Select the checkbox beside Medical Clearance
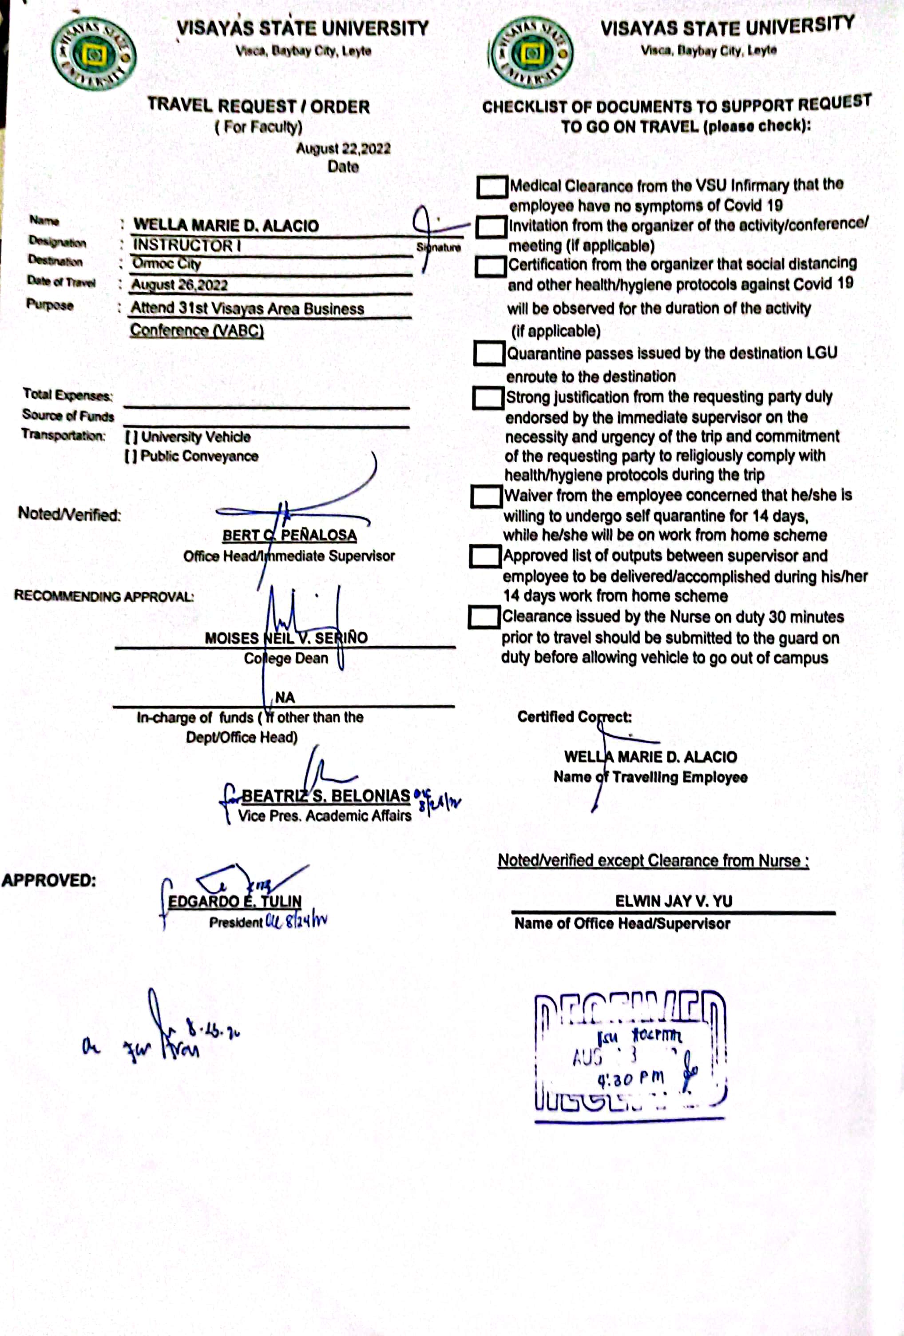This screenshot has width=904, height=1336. (x=492, y=187)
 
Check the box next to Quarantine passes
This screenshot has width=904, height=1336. (x=489, y=354)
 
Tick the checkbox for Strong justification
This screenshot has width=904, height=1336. (x=488, y=398)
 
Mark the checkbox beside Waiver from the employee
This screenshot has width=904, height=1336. (x=486, y=496)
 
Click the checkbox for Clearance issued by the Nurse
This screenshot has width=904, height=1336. (x=484, y=617)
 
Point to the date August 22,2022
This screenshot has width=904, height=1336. (x=343, y=149)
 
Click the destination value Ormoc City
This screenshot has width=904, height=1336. (x=166, y=264)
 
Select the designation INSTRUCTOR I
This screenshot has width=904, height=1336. (x=187, y=246)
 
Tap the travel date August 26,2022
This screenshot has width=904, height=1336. (x=179, y=285)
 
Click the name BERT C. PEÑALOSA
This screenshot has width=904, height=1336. (x=289, y=535)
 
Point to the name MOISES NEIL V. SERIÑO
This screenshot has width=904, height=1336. (x=285, y=638)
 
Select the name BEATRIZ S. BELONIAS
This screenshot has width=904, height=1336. (x=325, y=796)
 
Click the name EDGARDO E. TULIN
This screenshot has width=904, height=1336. (x=234, y=901)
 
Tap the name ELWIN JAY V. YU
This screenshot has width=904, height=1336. (x=674, y=901)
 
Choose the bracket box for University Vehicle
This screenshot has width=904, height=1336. (x=131, y=437)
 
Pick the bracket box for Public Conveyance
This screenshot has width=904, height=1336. (x=131, y=457)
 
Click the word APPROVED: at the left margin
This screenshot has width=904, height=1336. (x=48, y=881)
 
